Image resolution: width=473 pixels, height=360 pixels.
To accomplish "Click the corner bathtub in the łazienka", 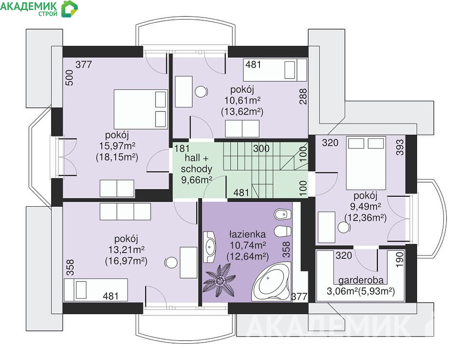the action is click(271, 281).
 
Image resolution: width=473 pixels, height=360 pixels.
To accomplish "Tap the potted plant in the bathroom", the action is click(220, 280).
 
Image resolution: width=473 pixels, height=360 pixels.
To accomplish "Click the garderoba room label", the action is click(361, 280).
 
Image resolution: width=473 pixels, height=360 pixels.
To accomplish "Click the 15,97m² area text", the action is click(117, 146).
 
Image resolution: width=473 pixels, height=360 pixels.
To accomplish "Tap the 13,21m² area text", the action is click(126, 250).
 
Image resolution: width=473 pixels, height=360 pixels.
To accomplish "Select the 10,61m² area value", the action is click(242, 100).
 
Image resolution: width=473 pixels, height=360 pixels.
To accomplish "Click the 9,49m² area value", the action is click(365, 207).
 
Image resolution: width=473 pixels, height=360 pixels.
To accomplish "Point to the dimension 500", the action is click(69, 78).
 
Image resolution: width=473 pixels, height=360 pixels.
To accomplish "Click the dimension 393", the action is click(400, 147).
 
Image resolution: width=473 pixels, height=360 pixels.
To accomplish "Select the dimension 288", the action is click(303, 96).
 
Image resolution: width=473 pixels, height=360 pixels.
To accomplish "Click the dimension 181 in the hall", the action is click(182, 148).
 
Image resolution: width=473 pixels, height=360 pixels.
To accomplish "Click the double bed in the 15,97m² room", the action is click(140, 109).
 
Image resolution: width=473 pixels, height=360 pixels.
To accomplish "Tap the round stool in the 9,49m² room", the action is click(344, 227).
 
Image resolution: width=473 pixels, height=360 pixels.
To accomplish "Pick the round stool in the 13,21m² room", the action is click(171, 263).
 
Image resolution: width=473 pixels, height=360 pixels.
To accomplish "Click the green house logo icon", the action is click(69, 9).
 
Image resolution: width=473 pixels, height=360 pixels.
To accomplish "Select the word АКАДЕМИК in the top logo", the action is click(29, 6).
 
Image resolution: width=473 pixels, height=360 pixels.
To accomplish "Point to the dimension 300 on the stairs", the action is click(261, 148).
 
